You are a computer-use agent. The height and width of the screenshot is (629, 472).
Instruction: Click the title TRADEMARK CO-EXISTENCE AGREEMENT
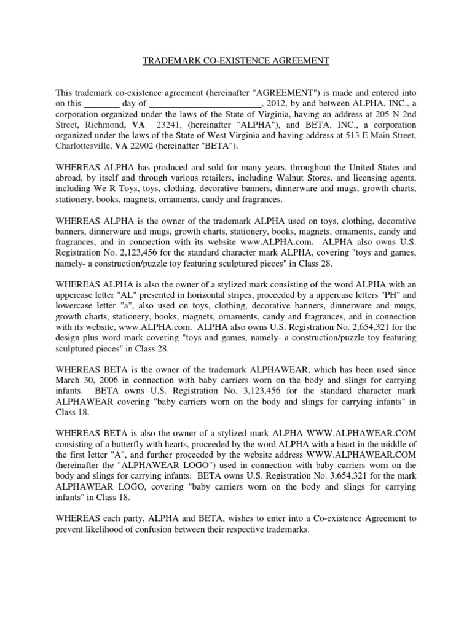(236, 61)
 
